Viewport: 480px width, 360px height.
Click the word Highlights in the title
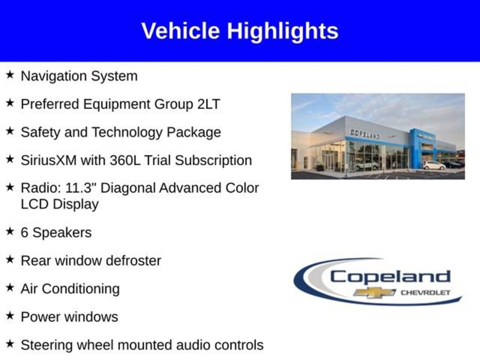282,31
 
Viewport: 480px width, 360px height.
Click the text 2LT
209,104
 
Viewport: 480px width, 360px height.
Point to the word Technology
127,132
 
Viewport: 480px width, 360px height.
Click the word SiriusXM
49,160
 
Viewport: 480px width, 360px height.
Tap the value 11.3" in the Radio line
81,187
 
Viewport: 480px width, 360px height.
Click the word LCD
35,204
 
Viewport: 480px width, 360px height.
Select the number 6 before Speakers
24,232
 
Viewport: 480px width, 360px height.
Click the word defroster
133,261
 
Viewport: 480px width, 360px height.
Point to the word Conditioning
81,289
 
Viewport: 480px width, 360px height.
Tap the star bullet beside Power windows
10,315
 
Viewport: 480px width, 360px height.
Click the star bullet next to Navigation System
10,75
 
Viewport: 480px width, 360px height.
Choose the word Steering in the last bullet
47,345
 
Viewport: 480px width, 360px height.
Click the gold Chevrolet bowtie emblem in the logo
374,292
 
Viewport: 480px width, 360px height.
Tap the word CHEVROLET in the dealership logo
425,292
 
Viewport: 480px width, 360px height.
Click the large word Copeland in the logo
390,277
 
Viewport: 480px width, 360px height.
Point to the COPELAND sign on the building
365,134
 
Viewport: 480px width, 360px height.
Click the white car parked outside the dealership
434,165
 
